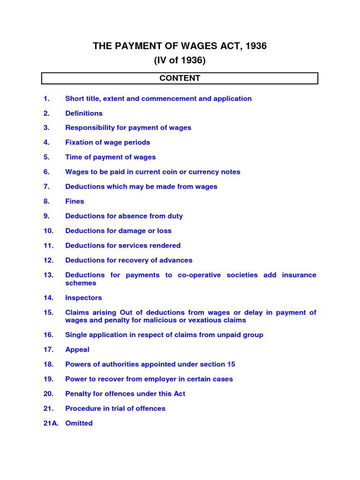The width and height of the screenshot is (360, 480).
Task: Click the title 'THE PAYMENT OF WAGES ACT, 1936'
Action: point(180,46)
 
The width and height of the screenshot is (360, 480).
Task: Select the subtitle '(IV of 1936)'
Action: point(180,60)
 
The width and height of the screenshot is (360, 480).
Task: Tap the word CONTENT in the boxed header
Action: point(180,78)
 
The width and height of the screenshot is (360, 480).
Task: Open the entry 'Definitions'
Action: point(83,113)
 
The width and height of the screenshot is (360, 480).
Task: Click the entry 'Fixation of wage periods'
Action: point(107,142)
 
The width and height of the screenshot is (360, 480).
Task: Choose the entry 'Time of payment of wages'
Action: point(110,157)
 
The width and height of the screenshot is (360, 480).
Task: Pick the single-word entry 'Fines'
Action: point(75,201)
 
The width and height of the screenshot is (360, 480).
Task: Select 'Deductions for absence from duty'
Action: point(124,216)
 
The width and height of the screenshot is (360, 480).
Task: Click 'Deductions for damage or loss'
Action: point(118,231)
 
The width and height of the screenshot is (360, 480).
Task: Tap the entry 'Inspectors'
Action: point(83,298)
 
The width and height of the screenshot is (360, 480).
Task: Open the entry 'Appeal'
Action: point(77,349)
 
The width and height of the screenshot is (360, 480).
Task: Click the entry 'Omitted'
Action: point(79,423)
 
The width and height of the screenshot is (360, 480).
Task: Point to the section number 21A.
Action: point(51,423)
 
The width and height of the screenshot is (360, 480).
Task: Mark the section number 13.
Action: point(49,275)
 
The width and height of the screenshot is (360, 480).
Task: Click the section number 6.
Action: point(46,172)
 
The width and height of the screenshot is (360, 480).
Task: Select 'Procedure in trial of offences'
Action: point(115,408)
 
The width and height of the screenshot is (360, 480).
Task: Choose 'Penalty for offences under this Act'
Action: point(125,394)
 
